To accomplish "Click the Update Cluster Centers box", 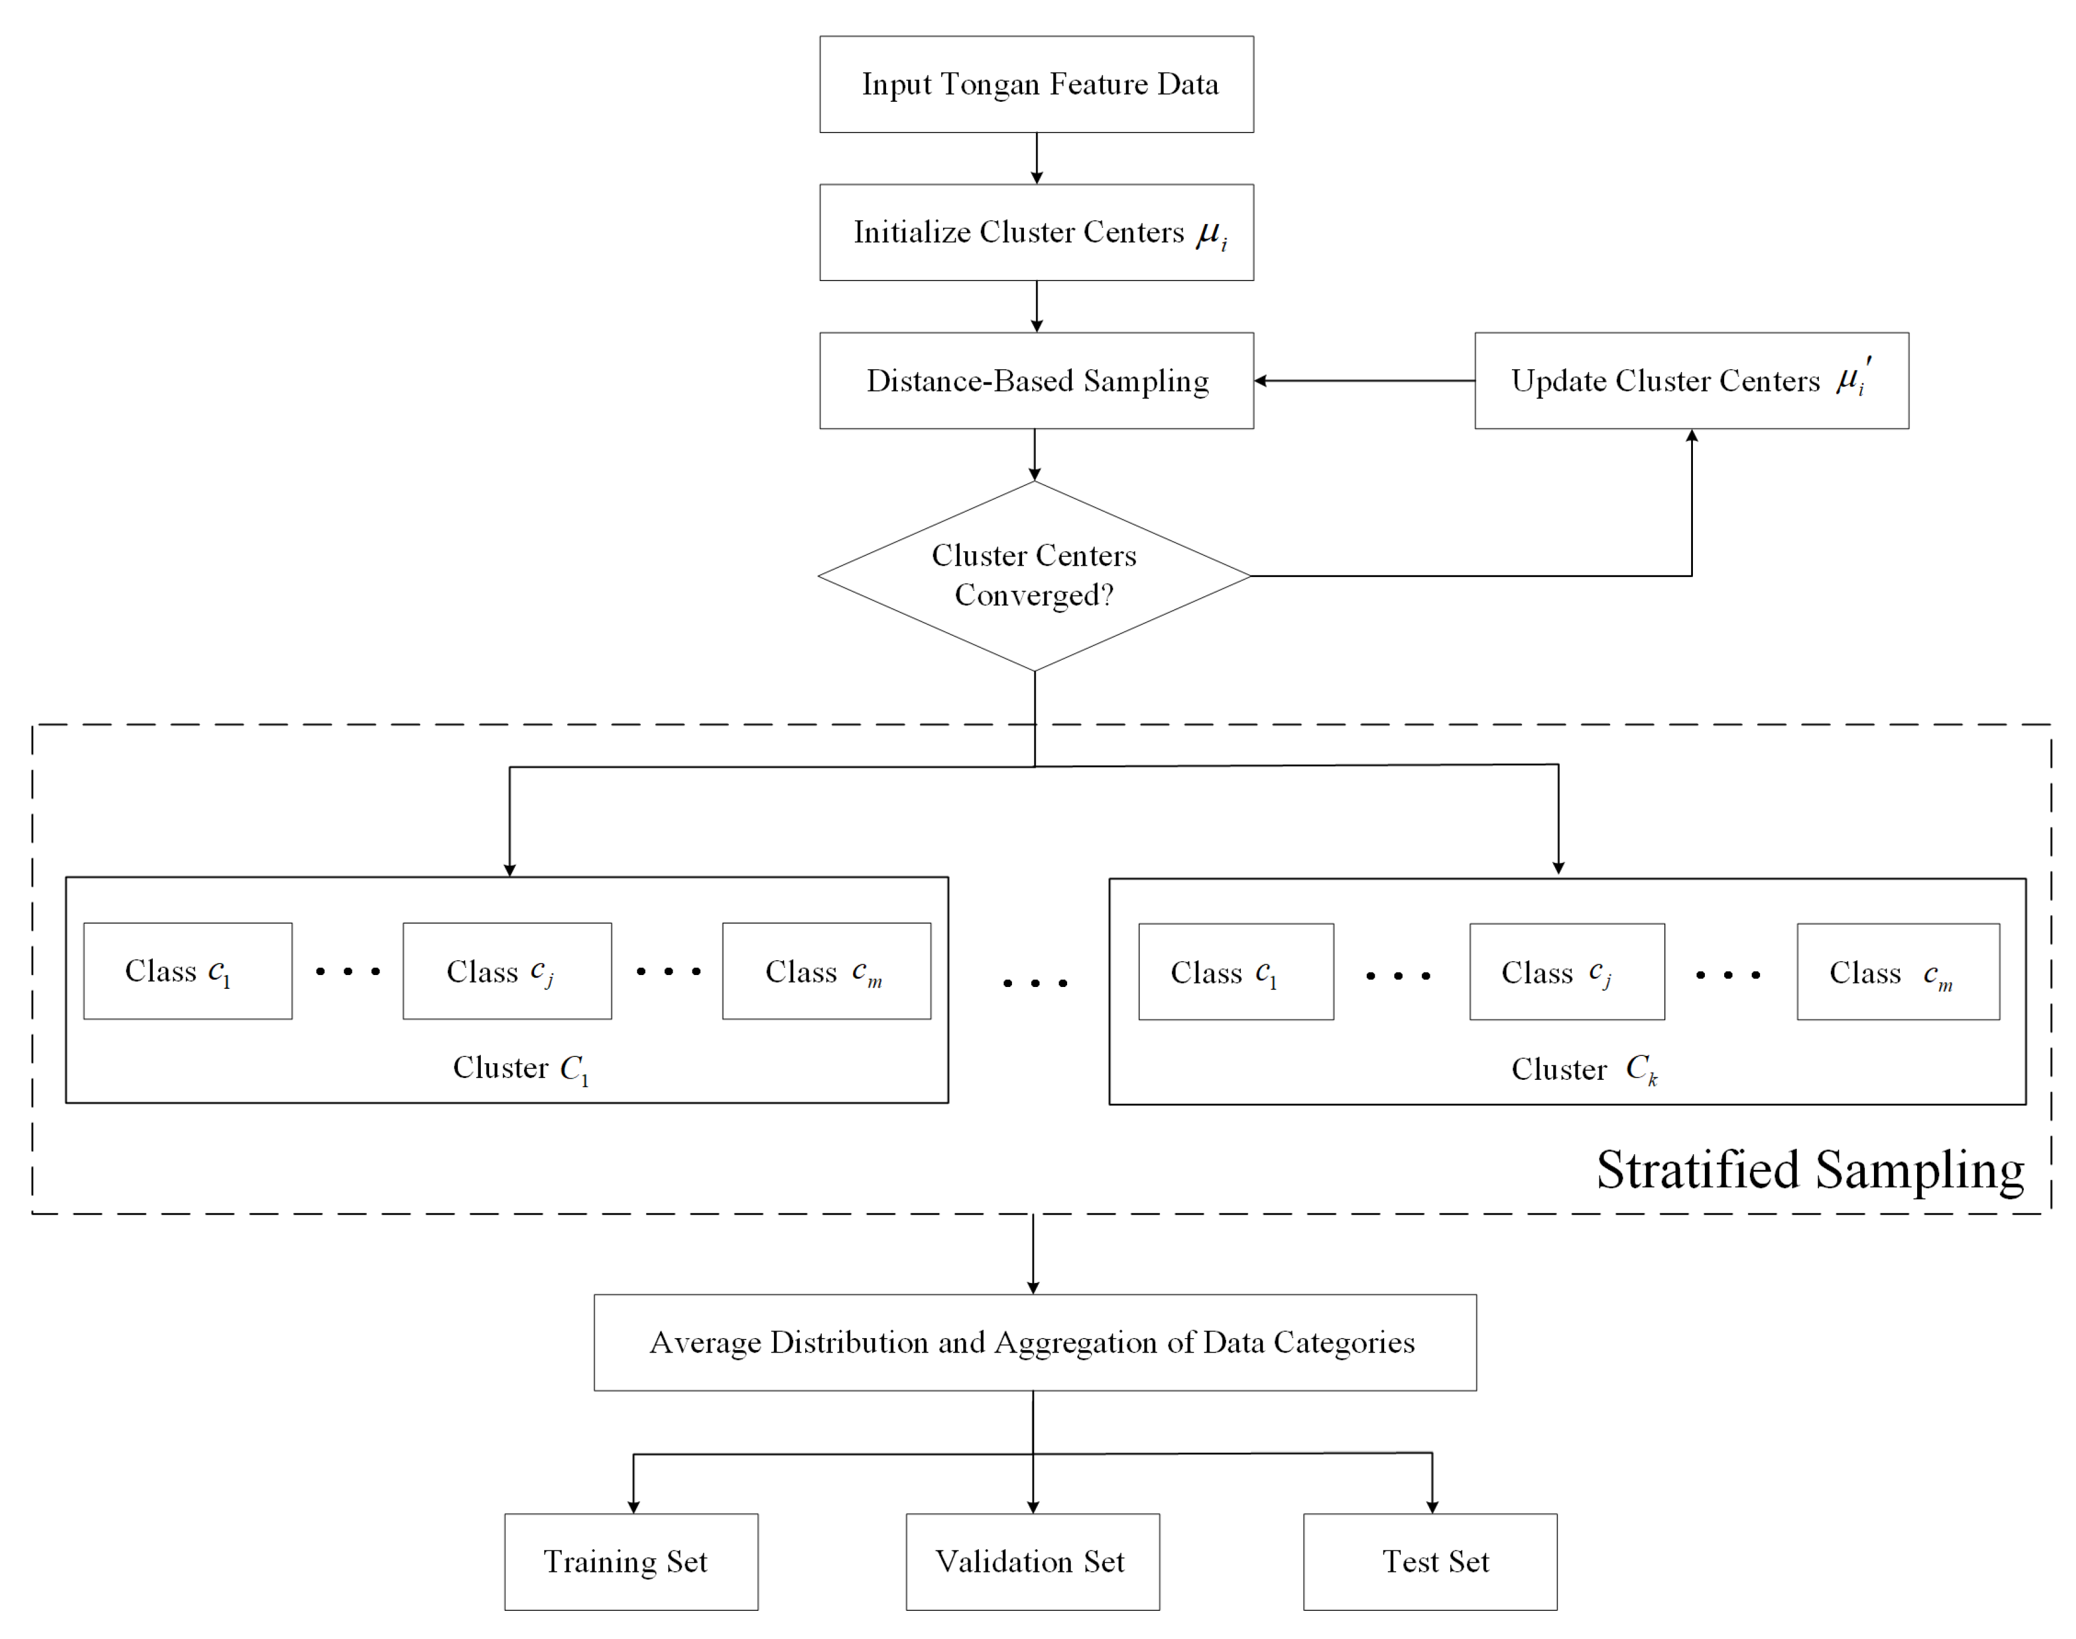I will [x=1691, y=381].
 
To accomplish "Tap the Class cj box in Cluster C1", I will [x=507, y=971].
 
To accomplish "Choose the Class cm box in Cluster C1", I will [x=826, y=971].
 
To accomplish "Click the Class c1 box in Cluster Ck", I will [x=1236, y=972].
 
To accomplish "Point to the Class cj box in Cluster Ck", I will [x=1566, y=972].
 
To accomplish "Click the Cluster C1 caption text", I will [x=520, y=1068].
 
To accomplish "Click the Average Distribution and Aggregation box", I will [x=1035, y=1342].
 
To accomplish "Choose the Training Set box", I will [x=631, y=1562].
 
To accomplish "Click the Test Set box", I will [x=1430, y=1562].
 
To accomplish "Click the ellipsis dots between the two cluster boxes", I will [x=1035, y=983].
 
